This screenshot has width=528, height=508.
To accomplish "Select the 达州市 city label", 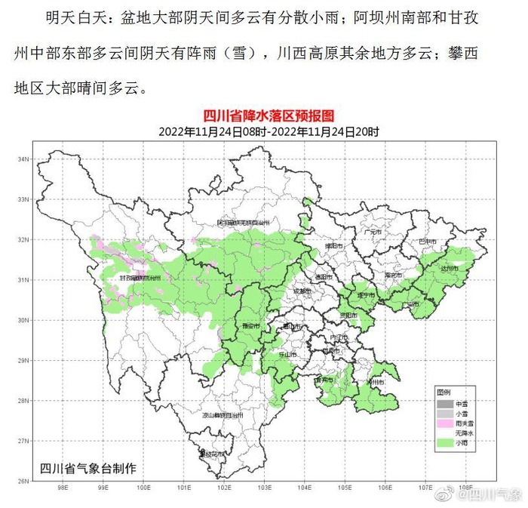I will point(451,268).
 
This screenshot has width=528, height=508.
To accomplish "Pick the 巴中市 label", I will point(428,242).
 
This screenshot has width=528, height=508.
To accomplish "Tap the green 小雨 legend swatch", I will point(444,443).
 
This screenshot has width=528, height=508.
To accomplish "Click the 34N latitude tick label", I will point(23,159).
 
